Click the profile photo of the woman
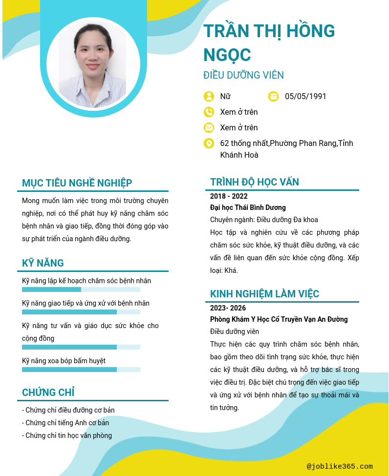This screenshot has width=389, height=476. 92,65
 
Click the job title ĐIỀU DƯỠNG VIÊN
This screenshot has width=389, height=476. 243,75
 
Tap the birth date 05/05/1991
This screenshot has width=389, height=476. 305,96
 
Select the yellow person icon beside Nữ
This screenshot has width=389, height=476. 209,96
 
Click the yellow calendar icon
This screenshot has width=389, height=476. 273,96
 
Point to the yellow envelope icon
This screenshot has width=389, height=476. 209,127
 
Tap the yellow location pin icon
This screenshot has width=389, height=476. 209,143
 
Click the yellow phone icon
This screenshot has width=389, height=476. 209,112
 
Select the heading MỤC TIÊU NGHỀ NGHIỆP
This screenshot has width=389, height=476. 77,183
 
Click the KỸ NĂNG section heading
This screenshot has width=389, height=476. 43,263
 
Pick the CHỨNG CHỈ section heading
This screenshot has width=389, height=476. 48,393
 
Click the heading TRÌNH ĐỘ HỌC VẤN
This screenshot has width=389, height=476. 255,182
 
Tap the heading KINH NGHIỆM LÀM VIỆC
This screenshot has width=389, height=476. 264,294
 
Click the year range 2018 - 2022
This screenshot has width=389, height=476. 229,196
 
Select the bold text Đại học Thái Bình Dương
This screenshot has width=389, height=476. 248,207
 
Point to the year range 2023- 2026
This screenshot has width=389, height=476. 228,308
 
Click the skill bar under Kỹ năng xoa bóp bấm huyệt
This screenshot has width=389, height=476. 81,370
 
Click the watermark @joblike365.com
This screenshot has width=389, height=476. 340,467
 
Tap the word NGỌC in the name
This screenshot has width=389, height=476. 227,55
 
